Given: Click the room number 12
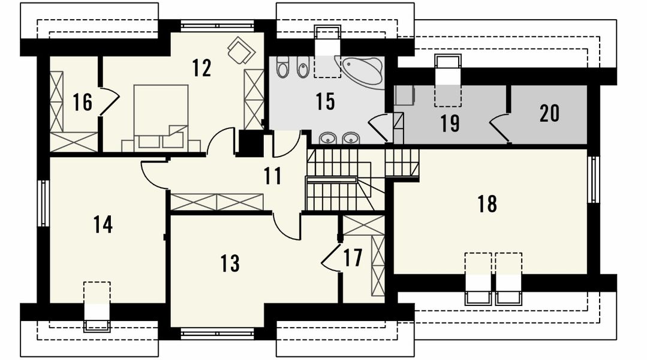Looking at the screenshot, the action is tap(201, 68).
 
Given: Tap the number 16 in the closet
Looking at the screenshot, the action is tap(83, 102).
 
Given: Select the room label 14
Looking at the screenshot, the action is tap(103, 224).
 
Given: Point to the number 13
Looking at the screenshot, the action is tap(230, 263).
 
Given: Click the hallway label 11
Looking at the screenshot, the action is tap(273, 176).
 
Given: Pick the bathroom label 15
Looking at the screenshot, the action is tap(326, 101).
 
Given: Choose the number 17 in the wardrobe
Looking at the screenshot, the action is tap(353, 257).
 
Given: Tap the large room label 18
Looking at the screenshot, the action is tap(487, 204).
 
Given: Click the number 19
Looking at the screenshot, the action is tap(450, 123).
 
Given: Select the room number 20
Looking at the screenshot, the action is tap(550, 113).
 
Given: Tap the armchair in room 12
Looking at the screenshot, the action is tap(240, 50).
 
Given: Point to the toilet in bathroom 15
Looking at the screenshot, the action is tap(282, 67).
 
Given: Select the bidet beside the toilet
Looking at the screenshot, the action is tap(303, 67).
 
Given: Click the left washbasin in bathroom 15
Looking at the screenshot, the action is tap(327, 138).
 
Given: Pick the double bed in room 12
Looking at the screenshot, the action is tap(161, 118).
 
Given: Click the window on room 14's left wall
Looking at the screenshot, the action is tap(43, 203).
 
